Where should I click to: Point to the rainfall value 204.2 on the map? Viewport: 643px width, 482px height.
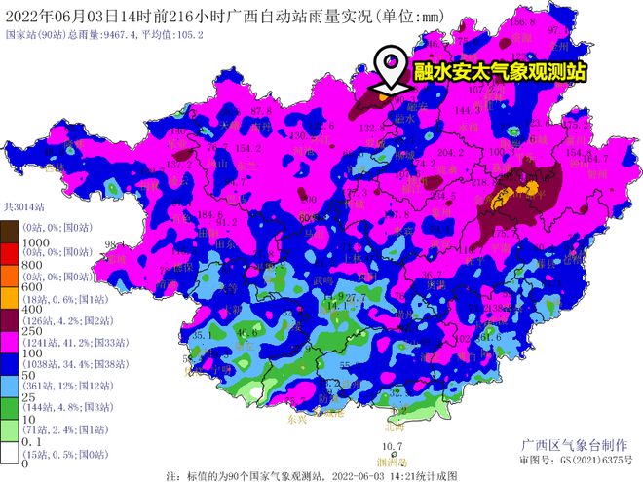pos(449,152)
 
